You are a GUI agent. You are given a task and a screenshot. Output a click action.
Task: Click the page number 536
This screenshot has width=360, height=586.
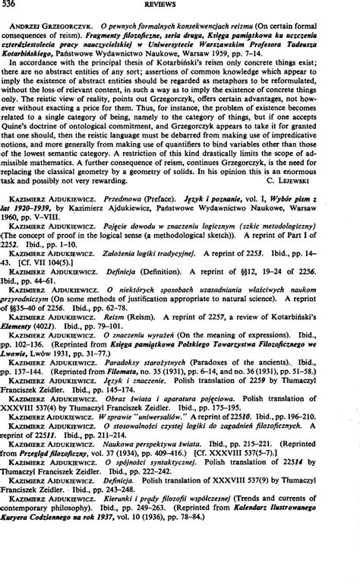[x=12, y=5]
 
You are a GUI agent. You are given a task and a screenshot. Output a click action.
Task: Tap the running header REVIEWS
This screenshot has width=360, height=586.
[x=180, y=5]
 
